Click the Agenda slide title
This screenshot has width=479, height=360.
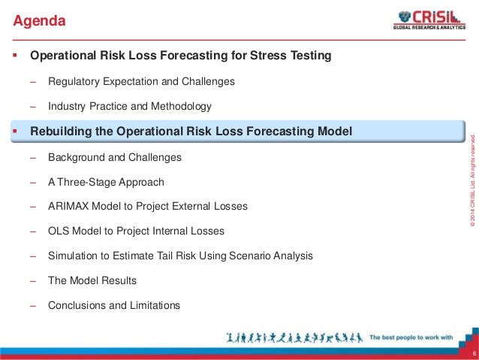[x=40, y=21]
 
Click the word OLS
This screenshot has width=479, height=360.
[x=59, y=231]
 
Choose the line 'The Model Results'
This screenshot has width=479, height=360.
[x=92, y=280]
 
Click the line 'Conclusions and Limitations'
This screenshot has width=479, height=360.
[x=114, y=305]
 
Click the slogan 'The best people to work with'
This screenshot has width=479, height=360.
[x=412, y=338]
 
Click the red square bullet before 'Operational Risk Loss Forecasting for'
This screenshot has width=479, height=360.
[x=14, y=56]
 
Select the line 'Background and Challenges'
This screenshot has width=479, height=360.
[x=114, y=158]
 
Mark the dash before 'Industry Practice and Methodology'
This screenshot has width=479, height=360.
[x=33, y=106]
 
